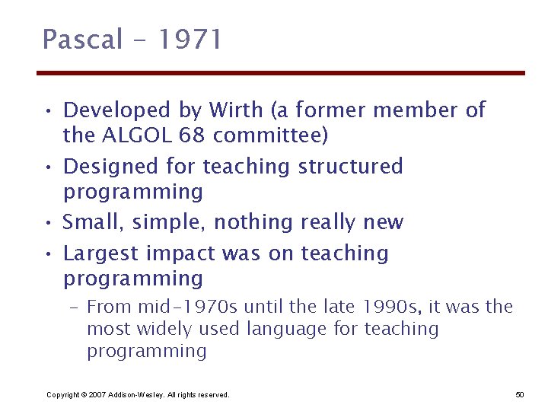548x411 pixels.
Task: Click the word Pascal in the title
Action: pyautogui.click(x=82, y=39)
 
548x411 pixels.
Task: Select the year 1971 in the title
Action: pyautogui.click(x=188, y=39)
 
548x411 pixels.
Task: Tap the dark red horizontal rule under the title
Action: pyautogui.click(x=281, y=73)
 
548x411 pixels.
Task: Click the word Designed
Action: pyautogui.click(x=101, y=167)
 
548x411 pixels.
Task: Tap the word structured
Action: pyautogui.click(x=350, y=167)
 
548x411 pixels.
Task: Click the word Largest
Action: pyautogui.click(x=97, y=253)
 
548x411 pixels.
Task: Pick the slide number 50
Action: pyautogui.click(x=520, y=394)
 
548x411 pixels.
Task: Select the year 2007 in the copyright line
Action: pyautogui.click(x=94, y=395)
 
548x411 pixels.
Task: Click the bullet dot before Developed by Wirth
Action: pyautogui.click(x=48, y=112)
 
